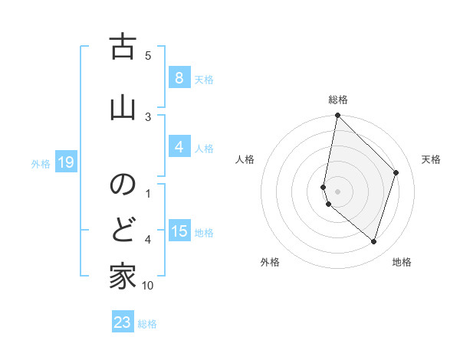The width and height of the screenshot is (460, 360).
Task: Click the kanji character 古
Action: [x=122, y=49]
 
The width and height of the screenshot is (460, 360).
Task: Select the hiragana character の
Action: [x=122, y=185]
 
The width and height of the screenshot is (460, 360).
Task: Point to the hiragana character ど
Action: [x=122, y=228]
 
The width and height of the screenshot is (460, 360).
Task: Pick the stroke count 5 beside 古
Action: [x=148, y=55]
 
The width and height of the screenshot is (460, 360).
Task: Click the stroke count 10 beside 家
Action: [x=148, y=286]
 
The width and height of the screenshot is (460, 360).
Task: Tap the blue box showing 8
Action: [x=179, y=78]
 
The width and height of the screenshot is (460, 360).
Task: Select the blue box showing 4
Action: [x=179, y=147]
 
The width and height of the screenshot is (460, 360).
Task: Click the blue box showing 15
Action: [x=179, y=231]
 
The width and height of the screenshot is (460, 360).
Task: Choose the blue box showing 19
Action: [x=65, y=162]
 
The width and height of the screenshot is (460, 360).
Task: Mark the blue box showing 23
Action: [x=123, y=322]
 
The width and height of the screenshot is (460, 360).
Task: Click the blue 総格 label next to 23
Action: [x=147, y=324]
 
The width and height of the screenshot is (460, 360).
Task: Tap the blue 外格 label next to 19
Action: [x=41, y=163]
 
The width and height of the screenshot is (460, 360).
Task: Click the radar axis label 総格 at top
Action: [x=338, y=100]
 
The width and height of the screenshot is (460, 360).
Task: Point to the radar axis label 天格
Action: [x=431, y=159]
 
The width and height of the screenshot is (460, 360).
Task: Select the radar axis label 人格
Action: [x=245, y=159]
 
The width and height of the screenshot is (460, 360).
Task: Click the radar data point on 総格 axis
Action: [x=337, y=116]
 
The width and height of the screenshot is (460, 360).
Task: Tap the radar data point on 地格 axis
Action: [x=373, y=241]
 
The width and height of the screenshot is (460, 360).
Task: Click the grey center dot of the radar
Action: [x=337, y=191]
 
